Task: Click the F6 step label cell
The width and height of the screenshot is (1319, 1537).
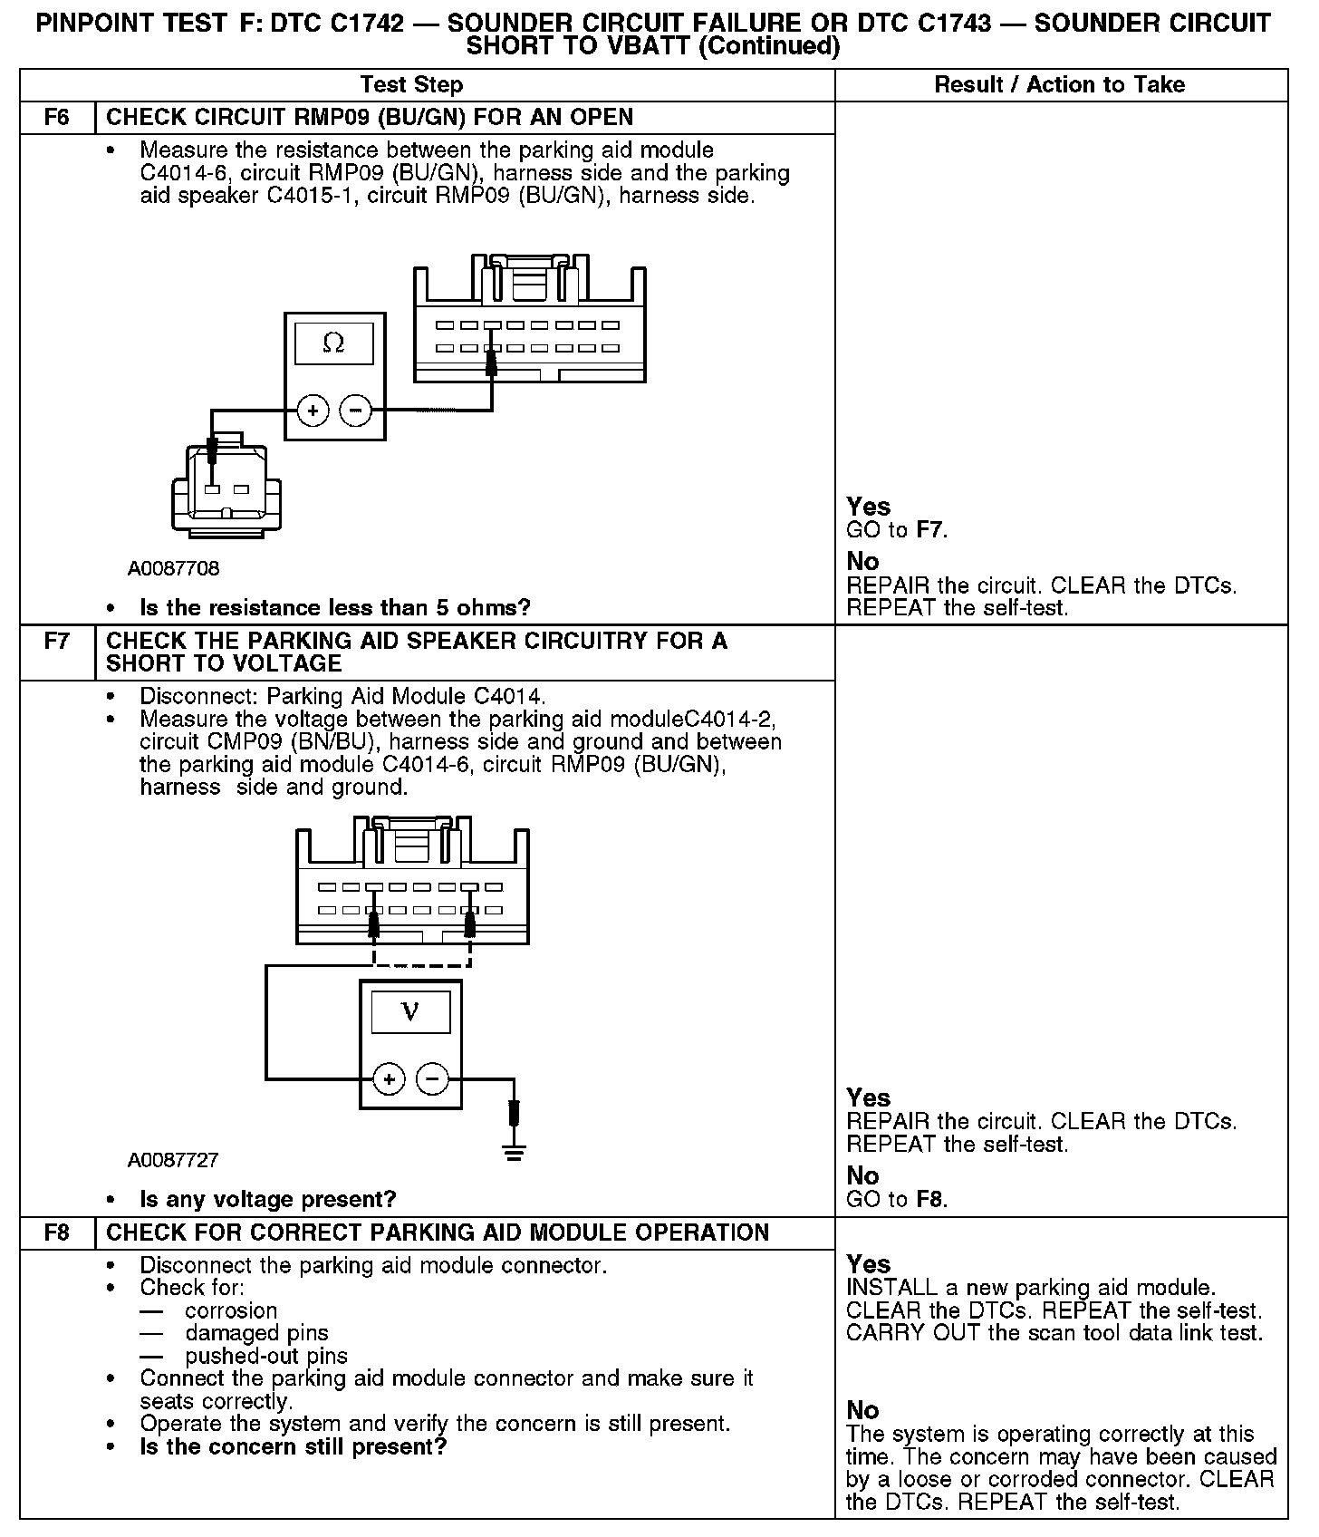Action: pyautogui.click(x=56, y=118)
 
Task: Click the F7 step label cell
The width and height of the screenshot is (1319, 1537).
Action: pyautogui.click(x=56, y=642)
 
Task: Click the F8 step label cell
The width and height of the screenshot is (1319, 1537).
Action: pyautogui.click(x=56, y=1232)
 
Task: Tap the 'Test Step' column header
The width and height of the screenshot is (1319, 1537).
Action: pyautogui.click(x=411, y=85)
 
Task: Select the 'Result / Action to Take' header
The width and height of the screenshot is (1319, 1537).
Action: pyautogui.click(x=1059, y=85)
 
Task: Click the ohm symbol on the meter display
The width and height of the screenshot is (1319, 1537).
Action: pyautogui.click(x=333, y=343)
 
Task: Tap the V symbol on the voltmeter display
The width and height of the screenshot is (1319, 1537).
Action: pyautogui.click(x=410, y=1011)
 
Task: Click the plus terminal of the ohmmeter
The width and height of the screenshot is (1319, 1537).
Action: pyautogui.click(x=313, y=411)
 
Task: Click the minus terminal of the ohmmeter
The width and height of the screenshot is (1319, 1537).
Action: pyautogui.click(x=355, y=411)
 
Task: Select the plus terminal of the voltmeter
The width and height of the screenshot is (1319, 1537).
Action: pyautogui.click(x=389, y=1078)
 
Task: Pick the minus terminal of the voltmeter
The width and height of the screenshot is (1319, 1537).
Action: pyautogui.click(x=431, y=1078)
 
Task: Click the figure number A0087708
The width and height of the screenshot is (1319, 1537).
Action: pyautogui.click(x=173, y=569)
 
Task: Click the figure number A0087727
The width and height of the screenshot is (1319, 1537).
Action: pyautogui.click(x=173, y=1160)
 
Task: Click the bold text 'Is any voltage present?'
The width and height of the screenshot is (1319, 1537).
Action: pyautogui.click(x=268, y=1200)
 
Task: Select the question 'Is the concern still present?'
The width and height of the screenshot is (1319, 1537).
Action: pyautogui.click(x=294, y=1446)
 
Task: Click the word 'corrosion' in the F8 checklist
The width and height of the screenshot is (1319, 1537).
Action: pyautogui.click(x=231, y=1310)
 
